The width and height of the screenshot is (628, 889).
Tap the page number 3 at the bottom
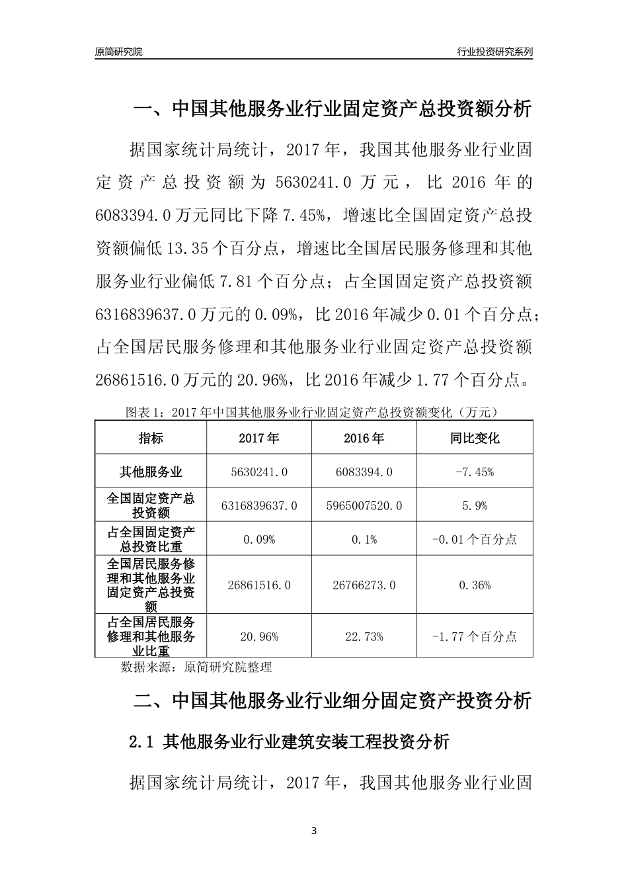click(314, 831)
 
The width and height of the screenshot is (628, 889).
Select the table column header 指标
click(151, 438)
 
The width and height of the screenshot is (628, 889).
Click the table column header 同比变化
click(475, 438)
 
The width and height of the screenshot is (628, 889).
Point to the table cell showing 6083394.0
click(364, 472)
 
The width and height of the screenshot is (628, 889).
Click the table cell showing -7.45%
click(475, 472)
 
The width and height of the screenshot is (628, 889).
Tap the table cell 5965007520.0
click(364, 505)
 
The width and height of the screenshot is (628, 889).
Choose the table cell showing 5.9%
click(475, 505)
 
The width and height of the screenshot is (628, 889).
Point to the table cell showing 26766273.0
click(364, 585)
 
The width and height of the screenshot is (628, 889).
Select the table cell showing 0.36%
click(475, 585)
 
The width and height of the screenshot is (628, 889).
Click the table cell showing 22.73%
click(364, 636)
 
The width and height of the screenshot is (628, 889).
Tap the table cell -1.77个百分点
click(475, 636)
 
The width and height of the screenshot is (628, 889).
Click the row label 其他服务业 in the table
click(151, 472)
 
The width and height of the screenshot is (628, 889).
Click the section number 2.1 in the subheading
click(141, 742)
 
